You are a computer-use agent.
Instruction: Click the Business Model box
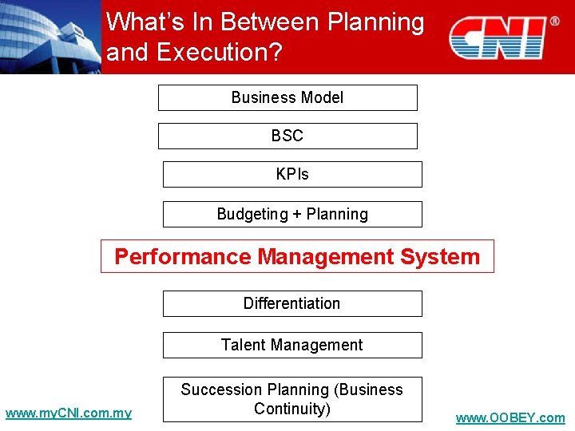coord(287,97)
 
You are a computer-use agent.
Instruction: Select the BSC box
coord(287,136)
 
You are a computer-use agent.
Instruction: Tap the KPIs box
coord(292,174)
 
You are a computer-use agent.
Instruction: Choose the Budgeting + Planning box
coord(292,214)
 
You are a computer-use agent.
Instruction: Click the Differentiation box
coord(292,303)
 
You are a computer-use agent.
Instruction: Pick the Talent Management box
coord(292,345)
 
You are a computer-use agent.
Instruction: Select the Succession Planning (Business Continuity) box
coord(292,399)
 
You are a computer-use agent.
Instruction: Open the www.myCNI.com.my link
coord(69,413)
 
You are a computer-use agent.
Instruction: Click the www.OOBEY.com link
coord(510,418)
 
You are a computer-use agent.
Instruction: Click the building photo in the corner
coord(50,37)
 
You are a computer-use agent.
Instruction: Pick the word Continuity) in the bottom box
coord(292,409)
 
